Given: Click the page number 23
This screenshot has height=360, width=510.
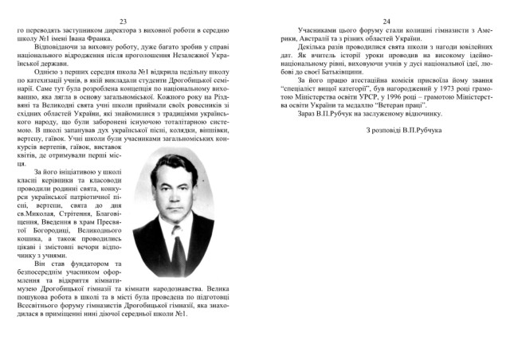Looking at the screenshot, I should tap(122, 21).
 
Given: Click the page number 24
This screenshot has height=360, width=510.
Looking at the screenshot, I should tap(386, 21).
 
